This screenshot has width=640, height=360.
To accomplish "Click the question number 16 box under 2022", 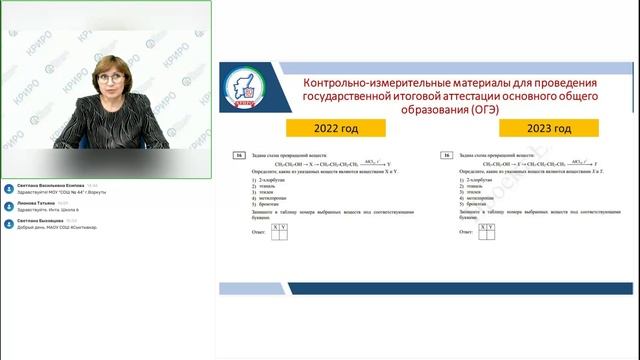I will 237,156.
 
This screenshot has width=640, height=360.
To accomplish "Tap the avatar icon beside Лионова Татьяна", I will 9,205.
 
